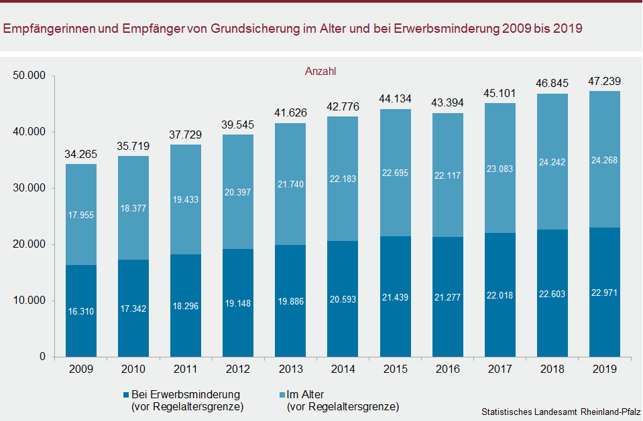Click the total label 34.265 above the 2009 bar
(80, 155)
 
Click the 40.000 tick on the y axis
(30, 132)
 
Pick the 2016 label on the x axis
(448, 369)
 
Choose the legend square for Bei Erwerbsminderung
(125, 395)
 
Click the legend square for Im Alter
(281, 395)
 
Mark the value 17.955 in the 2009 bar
(80, 216)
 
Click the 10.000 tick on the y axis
(30, 301)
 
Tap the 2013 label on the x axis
(290, 369)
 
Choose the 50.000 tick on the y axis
(30, 76)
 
